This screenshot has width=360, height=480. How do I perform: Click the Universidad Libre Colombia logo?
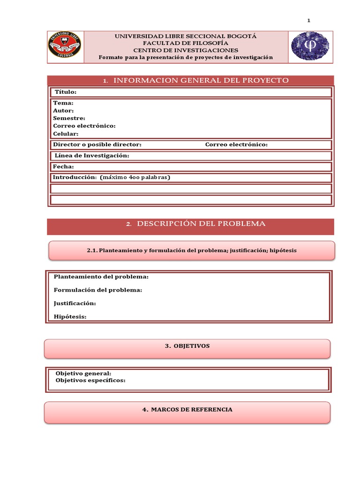tap(65, 47)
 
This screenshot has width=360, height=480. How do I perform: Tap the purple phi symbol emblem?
tap(310, 47)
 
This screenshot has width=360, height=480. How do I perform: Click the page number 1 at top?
tap(309, 20)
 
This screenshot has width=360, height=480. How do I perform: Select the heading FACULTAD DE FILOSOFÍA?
tap(186, 43)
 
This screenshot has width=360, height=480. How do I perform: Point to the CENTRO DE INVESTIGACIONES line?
tap(186, 50)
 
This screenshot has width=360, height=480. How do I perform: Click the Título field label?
tap(66, 92)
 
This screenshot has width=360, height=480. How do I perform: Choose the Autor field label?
tap(63, 111)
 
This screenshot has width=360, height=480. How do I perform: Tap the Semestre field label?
tap(69, 118)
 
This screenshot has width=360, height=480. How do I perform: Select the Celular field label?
tap(66, 134)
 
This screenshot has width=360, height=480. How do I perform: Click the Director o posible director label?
tap(97, 145)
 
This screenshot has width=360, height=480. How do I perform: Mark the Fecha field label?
tap(63, 166)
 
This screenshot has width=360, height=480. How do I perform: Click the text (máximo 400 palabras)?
tap(135, 177)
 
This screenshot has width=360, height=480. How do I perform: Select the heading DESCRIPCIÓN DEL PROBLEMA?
tap(201, 224)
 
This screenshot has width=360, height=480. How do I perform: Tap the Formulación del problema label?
tap(98, 290)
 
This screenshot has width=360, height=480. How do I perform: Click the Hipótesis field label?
tap(70, 317)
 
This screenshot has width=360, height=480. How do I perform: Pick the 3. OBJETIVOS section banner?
tap(187, 346)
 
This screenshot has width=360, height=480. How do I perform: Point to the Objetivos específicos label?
tap(90, 380)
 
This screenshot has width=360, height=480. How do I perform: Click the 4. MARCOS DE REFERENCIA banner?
tap(187, 410)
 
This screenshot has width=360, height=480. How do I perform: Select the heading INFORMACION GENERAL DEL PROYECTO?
tap(201, 81)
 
